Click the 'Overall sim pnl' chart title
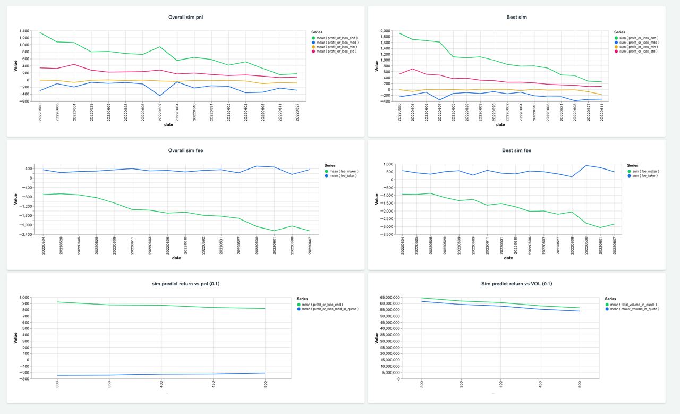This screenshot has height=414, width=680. pos(185,18)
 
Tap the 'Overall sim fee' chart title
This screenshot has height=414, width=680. pos(185,150)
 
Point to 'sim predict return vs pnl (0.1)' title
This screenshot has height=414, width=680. pos(185,284)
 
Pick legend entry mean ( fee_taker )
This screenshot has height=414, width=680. pos(344,175)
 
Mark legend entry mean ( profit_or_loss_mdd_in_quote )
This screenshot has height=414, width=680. pos(330,309)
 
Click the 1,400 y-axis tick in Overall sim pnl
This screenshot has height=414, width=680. pos(23,31)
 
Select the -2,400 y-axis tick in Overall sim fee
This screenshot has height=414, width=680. pos(24,234)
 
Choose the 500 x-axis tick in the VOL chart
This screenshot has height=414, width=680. pos(580,385)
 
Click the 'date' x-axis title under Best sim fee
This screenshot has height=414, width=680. pos(508,258)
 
